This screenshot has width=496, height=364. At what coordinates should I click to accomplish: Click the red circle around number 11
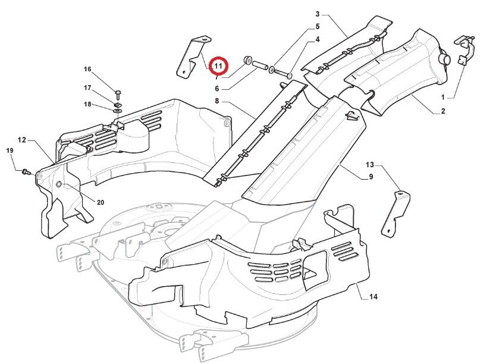218,65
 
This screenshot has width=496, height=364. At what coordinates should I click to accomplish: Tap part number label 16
87,70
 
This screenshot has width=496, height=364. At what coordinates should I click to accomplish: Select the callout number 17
87,88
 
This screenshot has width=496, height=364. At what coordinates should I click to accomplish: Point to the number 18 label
87,105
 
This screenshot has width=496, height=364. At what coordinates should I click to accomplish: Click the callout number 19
10,150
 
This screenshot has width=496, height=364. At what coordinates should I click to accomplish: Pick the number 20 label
100,203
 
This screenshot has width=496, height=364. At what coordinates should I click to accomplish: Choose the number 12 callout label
21,140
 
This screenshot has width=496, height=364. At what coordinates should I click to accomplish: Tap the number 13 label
370,165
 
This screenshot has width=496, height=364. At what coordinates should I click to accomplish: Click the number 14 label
373,296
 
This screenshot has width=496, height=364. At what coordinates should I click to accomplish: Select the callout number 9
371,177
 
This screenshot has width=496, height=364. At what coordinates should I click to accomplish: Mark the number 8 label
217,101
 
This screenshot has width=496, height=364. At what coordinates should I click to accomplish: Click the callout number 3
318,14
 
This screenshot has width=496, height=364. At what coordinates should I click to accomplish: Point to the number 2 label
442,111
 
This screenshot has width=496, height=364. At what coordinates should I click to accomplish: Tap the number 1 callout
442,96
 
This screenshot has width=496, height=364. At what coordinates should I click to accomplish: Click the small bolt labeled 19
26,172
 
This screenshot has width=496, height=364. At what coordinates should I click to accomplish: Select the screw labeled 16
118,93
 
